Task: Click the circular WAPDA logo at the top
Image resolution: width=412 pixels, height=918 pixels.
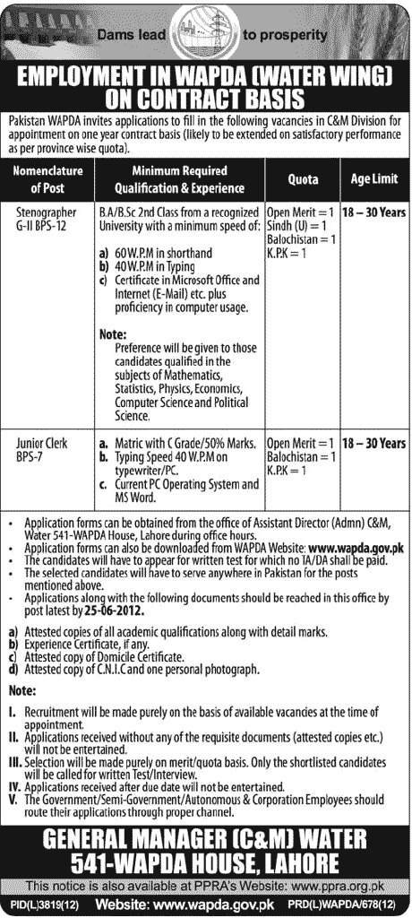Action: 205,32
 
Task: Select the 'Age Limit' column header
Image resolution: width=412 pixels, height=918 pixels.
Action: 374,179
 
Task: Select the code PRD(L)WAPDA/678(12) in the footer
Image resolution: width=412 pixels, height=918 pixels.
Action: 357,908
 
